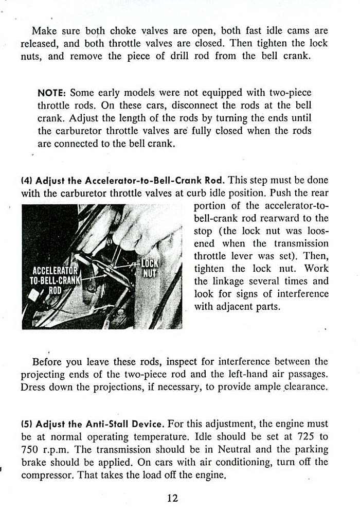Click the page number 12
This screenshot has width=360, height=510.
pyautogui.click(x=172, y=498)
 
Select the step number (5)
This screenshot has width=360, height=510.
pyautogui.click(x=27, y=424)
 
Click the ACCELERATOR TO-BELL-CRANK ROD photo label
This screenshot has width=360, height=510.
pyautogui.click(x=54, y=280)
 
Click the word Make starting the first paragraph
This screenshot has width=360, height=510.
pyautogui.click(x=43, y=30)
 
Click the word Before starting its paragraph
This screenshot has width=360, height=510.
pyautogui.click(x=48, y=361)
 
